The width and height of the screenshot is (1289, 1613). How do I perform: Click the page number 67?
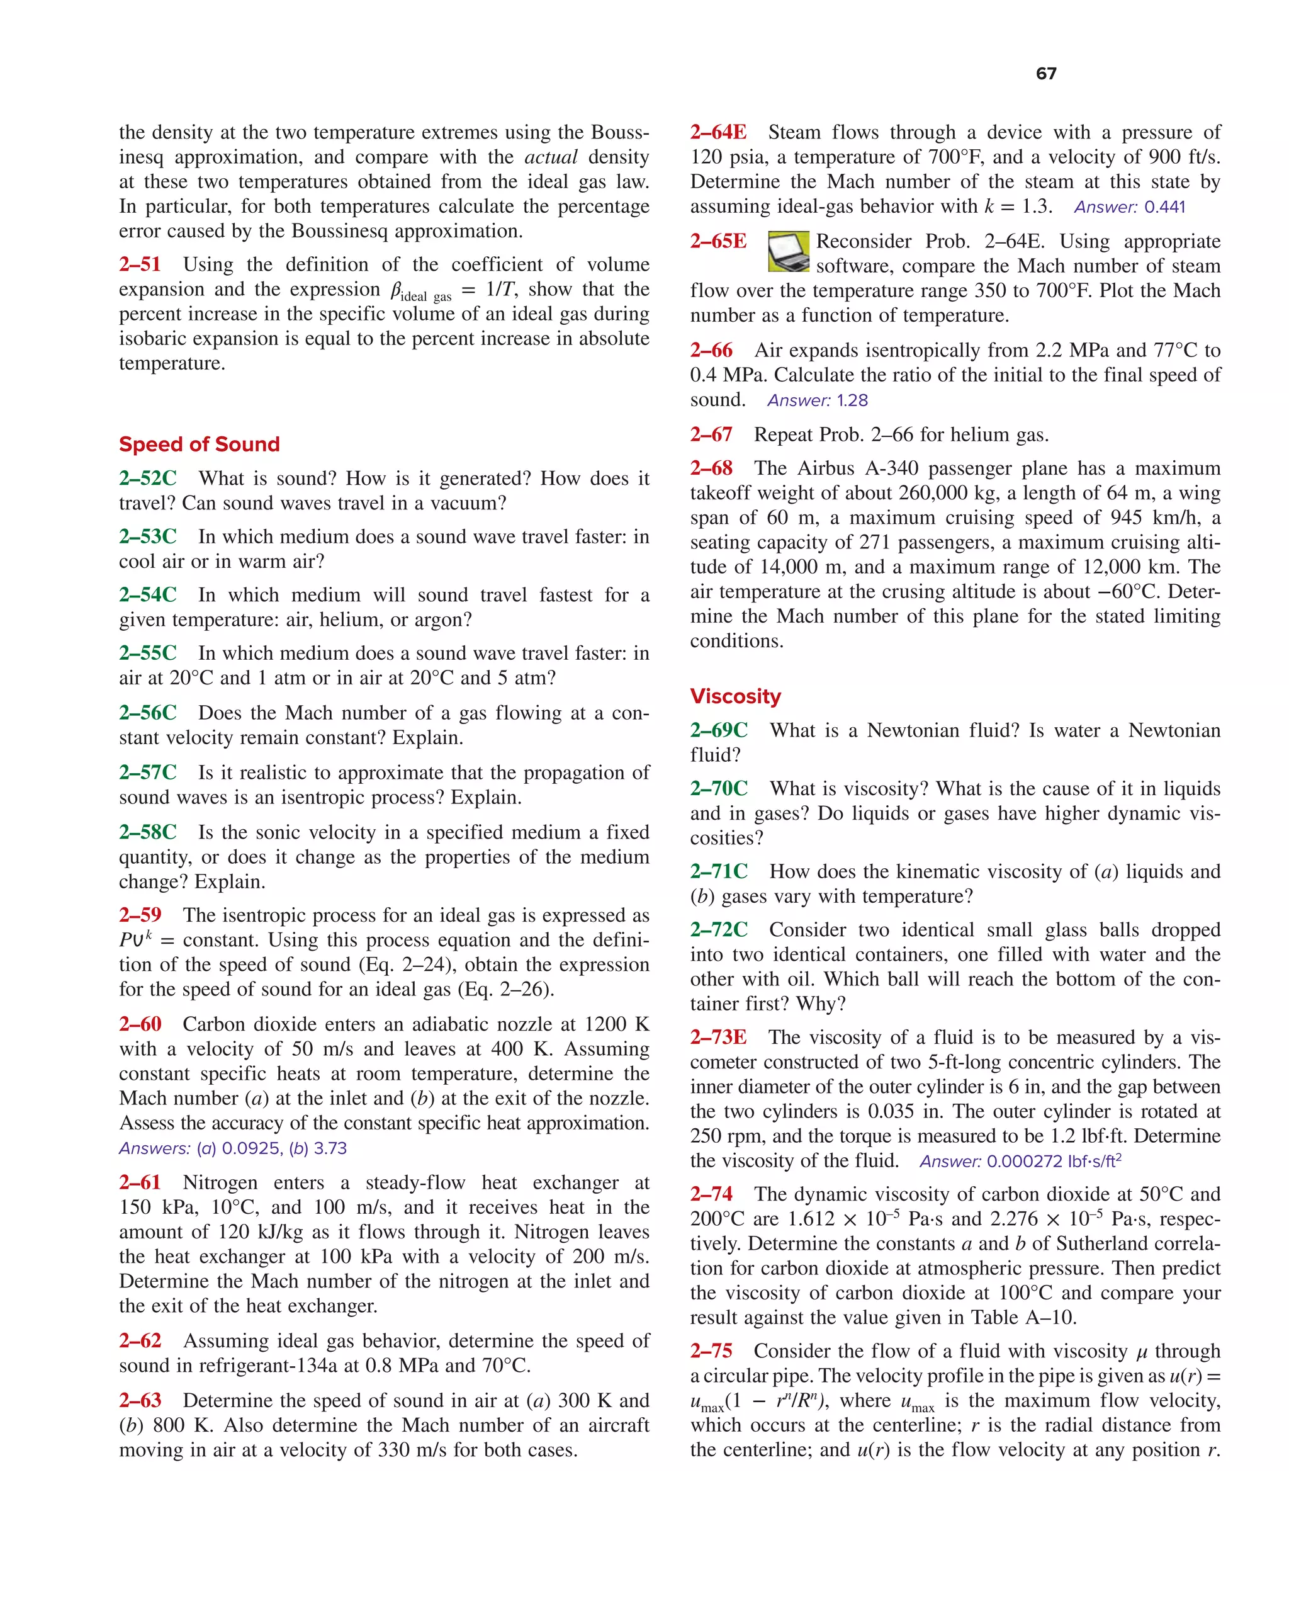point(1046,73)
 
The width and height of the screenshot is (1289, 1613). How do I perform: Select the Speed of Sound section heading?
point(199,444)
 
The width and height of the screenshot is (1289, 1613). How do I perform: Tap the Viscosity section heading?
point(735,696)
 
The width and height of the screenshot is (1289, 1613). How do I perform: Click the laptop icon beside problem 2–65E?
point(789,251)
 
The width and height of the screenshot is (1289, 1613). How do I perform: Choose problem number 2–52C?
point(148,479)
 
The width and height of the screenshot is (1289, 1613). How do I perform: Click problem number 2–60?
point(140,1024)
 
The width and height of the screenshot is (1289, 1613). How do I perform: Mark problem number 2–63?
point(140,1401)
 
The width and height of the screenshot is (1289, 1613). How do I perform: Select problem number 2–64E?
point(718,132)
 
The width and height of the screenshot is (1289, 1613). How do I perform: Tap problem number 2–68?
point(711,468)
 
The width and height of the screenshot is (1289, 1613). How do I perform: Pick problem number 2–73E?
point(718,1038)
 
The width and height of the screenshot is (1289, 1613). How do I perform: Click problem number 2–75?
point(711,1351)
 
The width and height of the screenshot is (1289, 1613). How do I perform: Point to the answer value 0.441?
point(1165,207)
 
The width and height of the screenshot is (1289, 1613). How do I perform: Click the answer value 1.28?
point(852,401)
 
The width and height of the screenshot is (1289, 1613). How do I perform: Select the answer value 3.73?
point(330,1148)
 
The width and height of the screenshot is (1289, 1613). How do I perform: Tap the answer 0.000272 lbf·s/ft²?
point(1054,1161)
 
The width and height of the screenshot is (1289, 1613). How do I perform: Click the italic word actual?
point(551,157)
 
